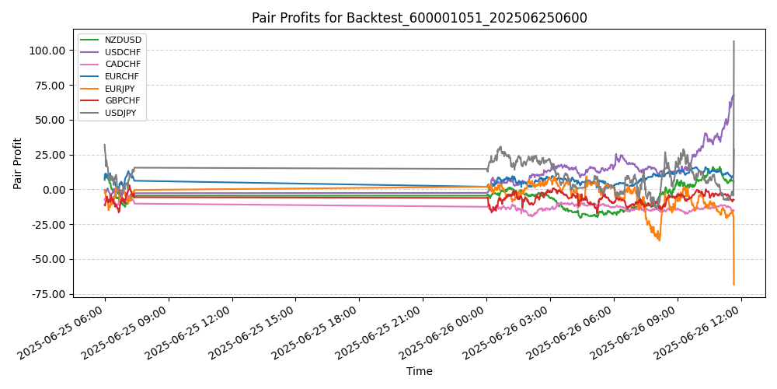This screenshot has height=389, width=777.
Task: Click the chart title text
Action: tap(419, 18)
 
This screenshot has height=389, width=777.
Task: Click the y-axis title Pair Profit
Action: tap(18, 163)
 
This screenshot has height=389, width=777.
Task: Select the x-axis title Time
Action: tap(419, 372)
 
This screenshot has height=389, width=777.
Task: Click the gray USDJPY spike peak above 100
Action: tap(733, 41)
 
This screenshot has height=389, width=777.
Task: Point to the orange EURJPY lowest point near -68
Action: tap(733, 285)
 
